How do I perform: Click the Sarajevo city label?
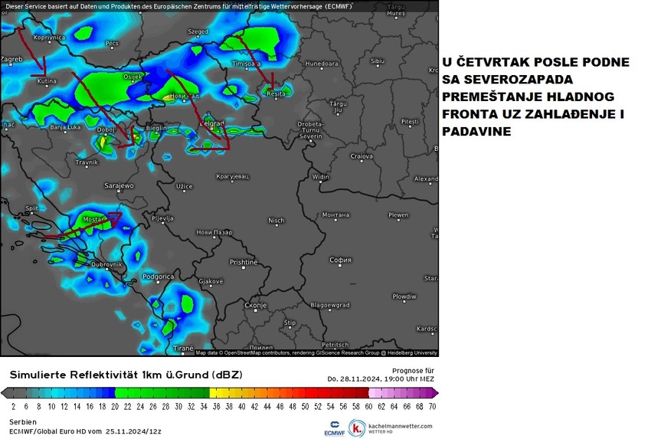119,185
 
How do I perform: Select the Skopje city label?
255,306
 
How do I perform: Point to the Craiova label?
361,156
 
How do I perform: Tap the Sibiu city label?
377,61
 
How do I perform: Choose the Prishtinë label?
244,262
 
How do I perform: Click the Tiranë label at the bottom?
184,348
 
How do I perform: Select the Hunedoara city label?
322,64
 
